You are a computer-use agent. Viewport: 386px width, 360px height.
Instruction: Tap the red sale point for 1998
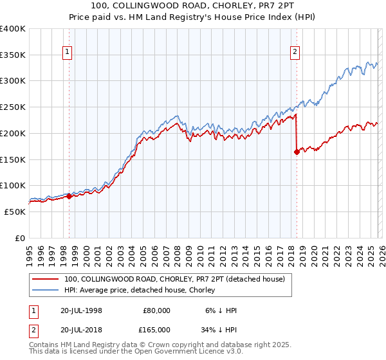(69, 197)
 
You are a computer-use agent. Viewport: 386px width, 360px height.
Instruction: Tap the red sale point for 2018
(297, 152)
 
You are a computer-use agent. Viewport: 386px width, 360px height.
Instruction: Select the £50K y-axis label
(14, 212)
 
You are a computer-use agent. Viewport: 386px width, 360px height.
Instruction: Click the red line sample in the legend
(45, 279)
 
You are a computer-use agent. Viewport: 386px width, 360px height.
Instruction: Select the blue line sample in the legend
(45, 290)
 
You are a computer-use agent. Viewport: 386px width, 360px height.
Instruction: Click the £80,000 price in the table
(156, 310)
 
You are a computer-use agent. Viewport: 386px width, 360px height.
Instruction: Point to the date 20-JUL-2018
(80, 329)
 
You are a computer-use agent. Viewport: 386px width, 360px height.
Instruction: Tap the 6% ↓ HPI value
(221, 310)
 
